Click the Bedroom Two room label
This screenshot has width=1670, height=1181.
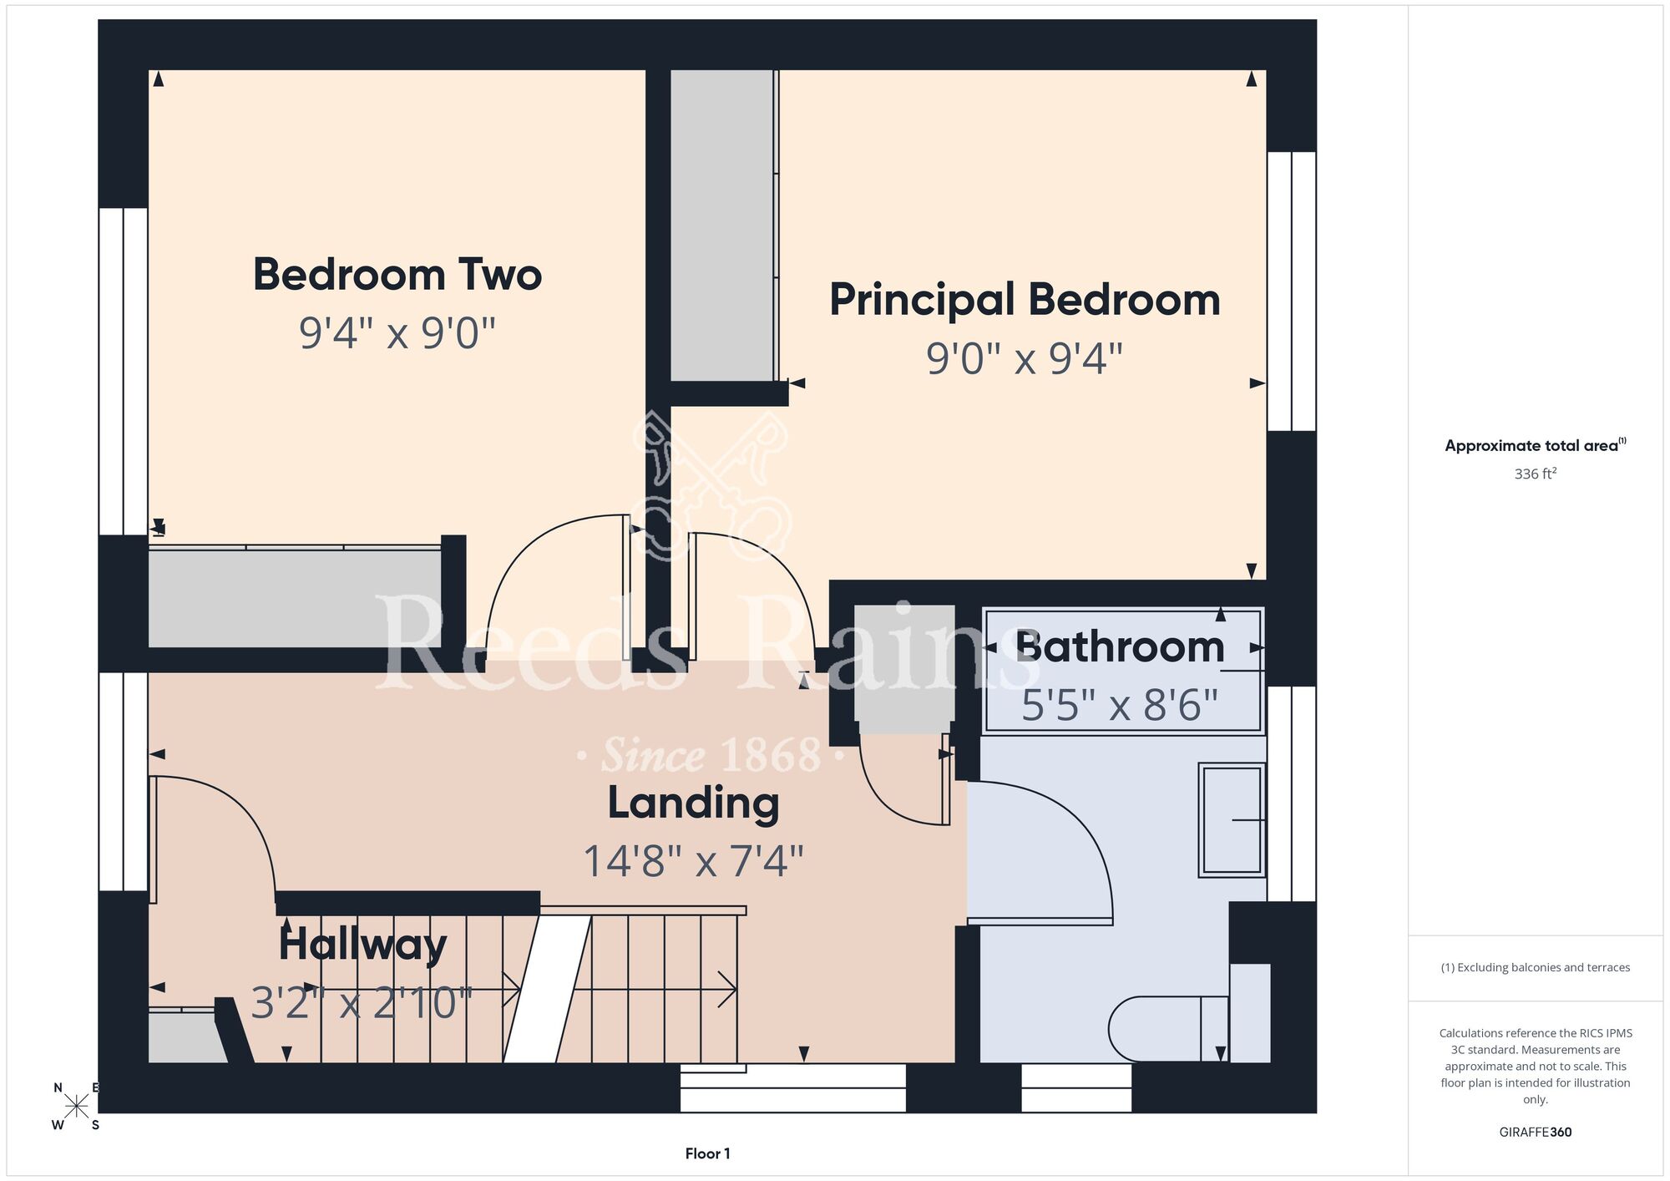pyautogui.click(x=397, y=275)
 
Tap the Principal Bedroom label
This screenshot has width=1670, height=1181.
pyautogui.click(x=1025, y=301)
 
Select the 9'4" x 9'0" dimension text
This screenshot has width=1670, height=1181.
pyautogui.click(x=397, y=332)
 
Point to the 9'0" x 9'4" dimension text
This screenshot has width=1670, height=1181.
pyautogui.click(x=1025, y=358)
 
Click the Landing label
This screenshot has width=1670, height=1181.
pyautogui.click(x=693, y=803)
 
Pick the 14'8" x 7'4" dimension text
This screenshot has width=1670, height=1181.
pyautogui.click(x=693, y=861)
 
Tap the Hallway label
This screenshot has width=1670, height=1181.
pyautogui.click(x=362, y=945)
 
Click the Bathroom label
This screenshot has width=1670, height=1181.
pyautogui.click(x=1120, y=647)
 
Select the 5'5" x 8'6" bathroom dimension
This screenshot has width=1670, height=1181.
pyautogui.click(x=1120, y=705)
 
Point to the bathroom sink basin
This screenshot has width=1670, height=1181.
pyautogui.click(x=1232, y=820)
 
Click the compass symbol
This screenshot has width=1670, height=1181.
pyautogui.click(x=77, y=1107)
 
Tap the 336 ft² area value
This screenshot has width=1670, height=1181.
pyautogui.click(x=1536, y=474)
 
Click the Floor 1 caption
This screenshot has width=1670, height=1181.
pyautogui.click(x=707, y=1153)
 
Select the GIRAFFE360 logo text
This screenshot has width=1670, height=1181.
pyautogui.click(x=1536, y=1133)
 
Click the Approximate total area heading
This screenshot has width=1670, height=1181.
pyautogui.click(x=1536, y=445)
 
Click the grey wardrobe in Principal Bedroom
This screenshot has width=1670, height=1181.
pyautogui.click(x=722, y=226)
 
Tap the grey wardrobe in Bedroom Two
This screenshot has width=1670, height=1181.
pyautogui.click(x=294, y=598)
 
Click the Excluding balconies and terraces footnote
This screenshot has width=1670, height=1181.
pyautogui.click(x=1536, y=967)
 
